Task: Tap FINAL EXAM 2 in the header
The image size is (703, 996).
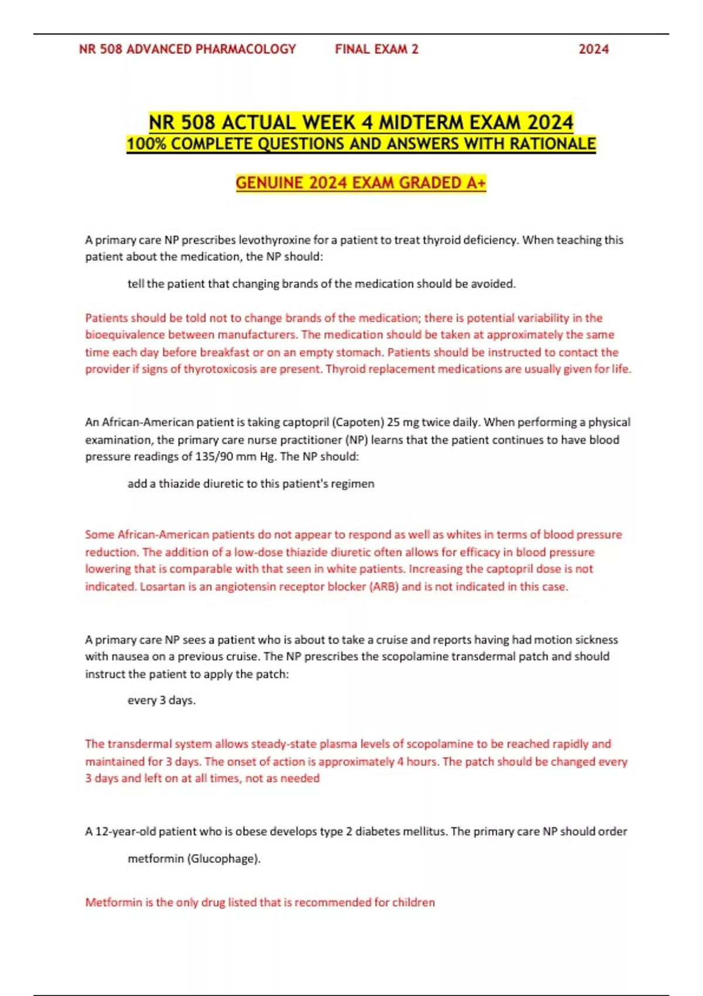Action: [377, 49]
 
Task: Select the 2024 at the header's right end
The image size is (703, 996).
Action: [593, 49]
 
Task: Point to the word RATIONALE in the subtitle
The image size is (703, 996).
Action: [553, 144]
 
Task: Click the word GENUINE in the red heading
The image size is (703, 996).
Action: [269, 183]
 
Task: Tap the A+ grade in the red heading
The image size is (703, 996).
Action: [476, 183]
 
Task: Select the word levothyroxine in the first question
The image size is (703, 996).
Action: [274, 240]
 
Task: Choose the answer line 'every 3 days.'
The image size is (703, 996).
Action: [162, 700]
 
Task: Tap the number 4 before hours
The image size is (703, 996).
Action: [401, 762]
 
